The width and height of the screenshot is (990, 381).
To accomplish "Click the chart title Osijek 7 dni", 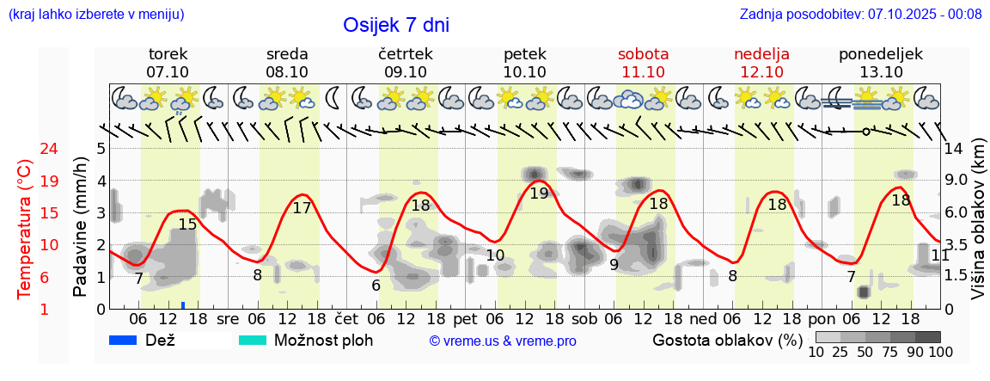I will click(x=395, y=25).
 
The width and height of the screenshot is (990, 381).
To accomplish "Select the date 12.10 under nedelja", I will click(x=761, y=72).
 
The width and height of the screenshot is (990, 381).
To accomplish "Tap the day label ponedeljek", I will click(x=880, y=54).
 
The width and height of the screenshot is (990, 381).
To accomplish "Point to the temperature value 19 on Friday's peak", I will click(x=539, y=194).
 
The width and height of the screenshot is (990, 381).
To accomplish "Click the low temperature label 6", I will click(x=376, y=286).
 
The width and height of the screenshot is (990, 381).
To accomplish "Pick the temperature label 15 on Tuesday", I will click(x=187, y=224).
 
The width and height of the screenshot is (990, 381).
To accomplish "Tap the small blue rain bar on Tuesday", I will click(x=183, y=304).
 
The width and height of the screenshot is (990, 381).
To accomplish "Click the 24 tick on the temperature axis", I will click(x=25, y=148).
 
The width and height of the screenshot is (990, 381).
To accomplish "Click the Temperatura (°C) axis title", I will click(x=25, y=229).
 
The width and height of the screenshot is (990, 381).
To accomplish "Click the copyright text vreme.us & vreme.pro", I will click(x=502, y=341).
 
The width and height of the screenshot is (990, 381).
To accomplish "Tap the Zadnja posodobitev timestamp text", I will click(x=860, y=15).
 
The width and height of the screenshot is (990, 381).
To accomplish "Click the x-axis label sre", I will click(x=228, y=318).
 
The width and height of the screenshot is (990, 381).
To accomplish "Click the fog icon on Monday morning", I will click(x=837, y=100).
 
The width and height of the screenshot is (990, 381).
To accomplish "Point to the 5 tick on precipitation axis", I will click(x=101, y=148).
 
